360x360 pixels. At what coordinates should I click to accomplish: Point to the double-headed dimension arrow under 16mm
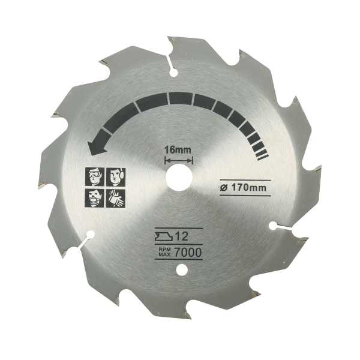click(x=179, y=160)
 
